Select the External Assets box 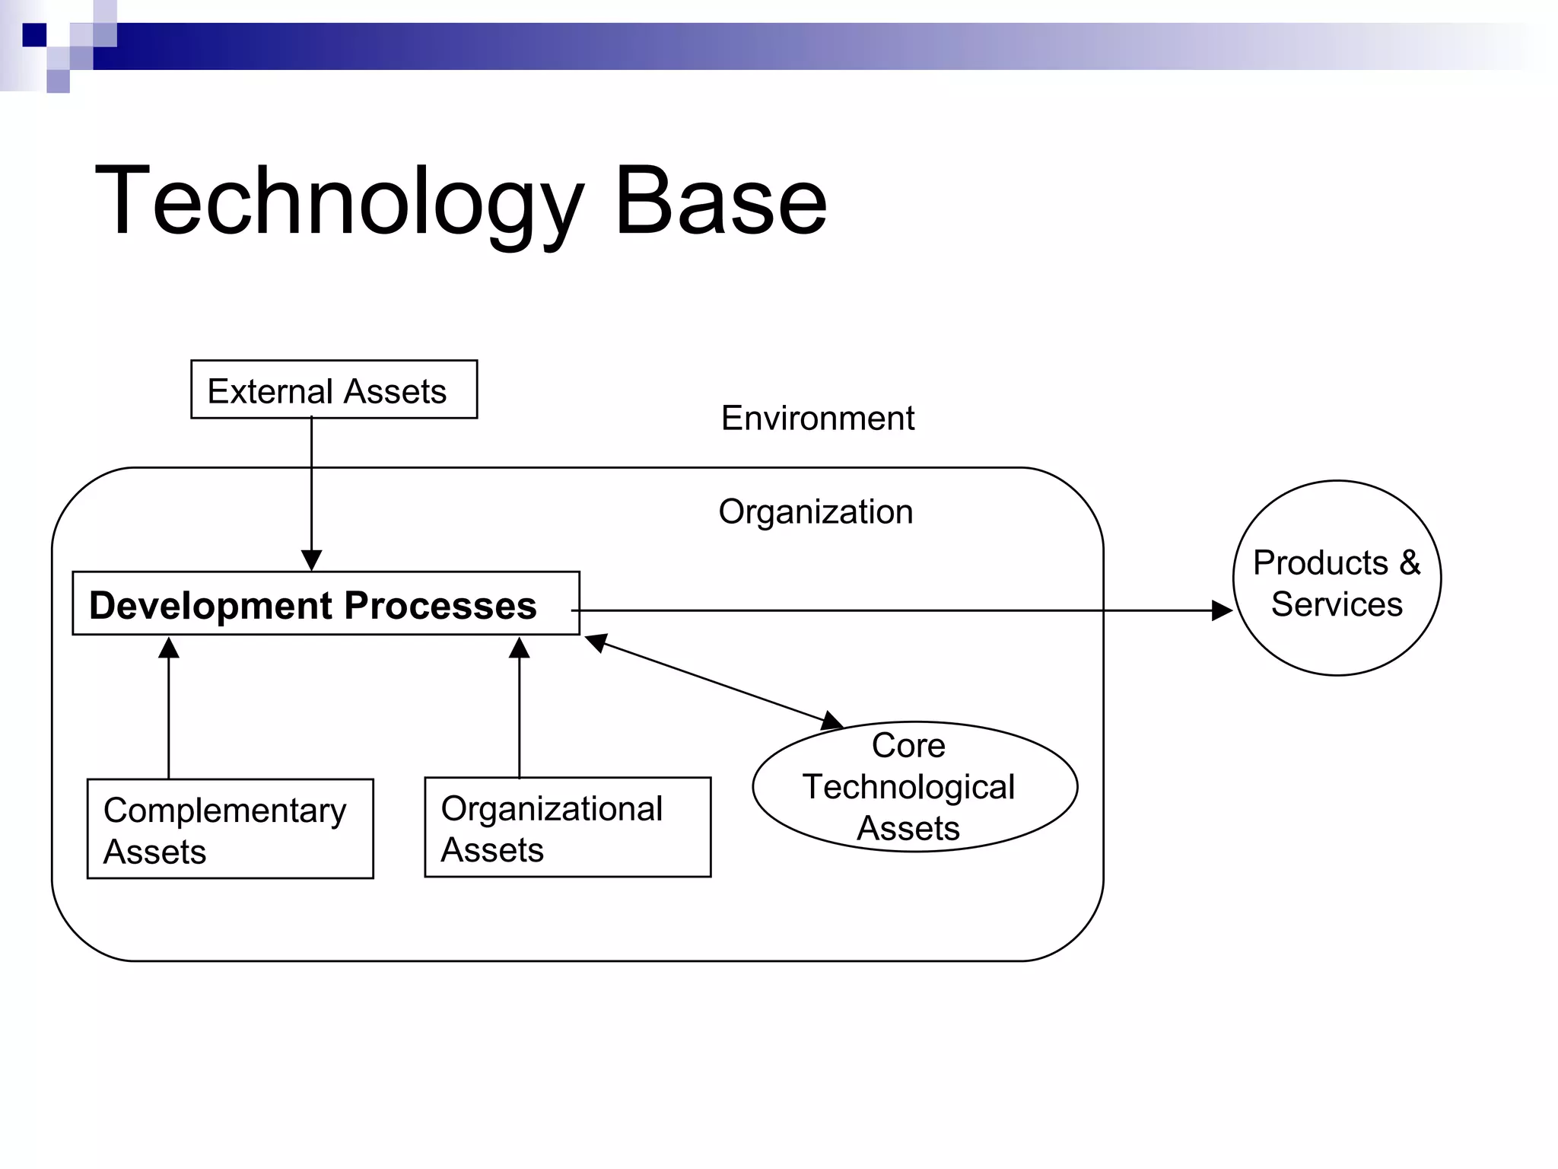[334, 390]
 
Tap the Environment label [818, 418]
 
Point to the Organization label [816, 511]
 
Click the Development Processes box [326, 604]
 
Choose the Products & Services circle [1337, 578]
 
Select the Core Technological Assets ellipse [914, 787]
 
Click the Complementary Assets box [231, 829]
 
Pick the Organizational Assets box [568, 827]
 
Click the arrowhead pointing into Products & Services [1222, 610]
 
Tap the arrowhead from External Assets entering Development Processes [311, 561]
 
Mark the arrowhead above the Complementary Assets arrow [169, 648]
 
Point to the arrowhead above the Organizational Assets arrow [520, 648]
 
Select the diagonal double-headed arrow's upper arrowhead [596, 642]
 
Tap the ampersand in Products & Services [1409, 563]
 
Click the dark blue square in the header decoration [34, 35]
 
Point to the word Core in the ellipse [908, 745]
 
